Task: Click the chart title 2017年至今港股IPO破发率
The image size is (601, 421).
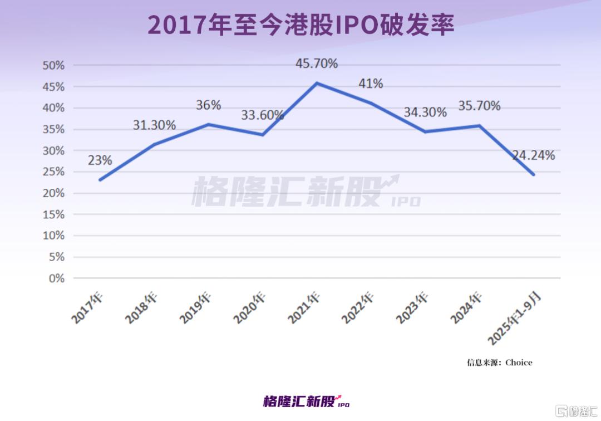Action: [x=300, y=25]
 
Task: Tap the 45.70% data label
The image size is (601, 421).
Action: [x=316, y=63]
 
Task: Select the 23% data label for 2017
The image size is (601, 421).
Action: [x=100, y=160]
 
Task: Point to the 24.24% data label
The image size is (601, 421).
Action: [x=533, y=155]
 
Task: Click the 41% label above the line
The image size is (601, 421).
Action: [x=370, y=84]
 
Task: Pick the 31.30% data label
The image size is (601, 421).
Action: [x=154, y=125]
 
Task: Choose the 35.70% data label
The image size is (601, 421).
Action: [x=479, y=105]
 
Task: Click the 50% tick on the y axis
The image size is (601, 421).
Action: [x=53, y=65]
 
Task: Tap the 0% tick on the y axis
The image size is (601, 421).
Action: [x=56, y=278]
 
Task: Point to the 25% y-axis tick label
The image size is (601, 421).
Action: [x=53, y=172]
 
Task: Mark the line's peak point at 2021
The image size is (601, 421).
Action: [x=317, y=83]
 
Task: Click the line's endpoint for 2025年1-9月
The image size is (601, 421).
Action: [x=534, y=174]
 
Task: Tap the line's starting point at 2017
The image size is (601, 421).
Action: [x=100, y=180]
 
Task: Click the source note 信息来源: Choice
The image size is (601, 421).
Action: [x=499, y=363]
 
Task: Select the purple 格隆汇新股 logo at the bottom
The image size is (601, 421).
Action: [x=306, y=401]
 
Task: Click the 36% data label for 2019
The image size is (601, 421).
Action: [x=209, y=105]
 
